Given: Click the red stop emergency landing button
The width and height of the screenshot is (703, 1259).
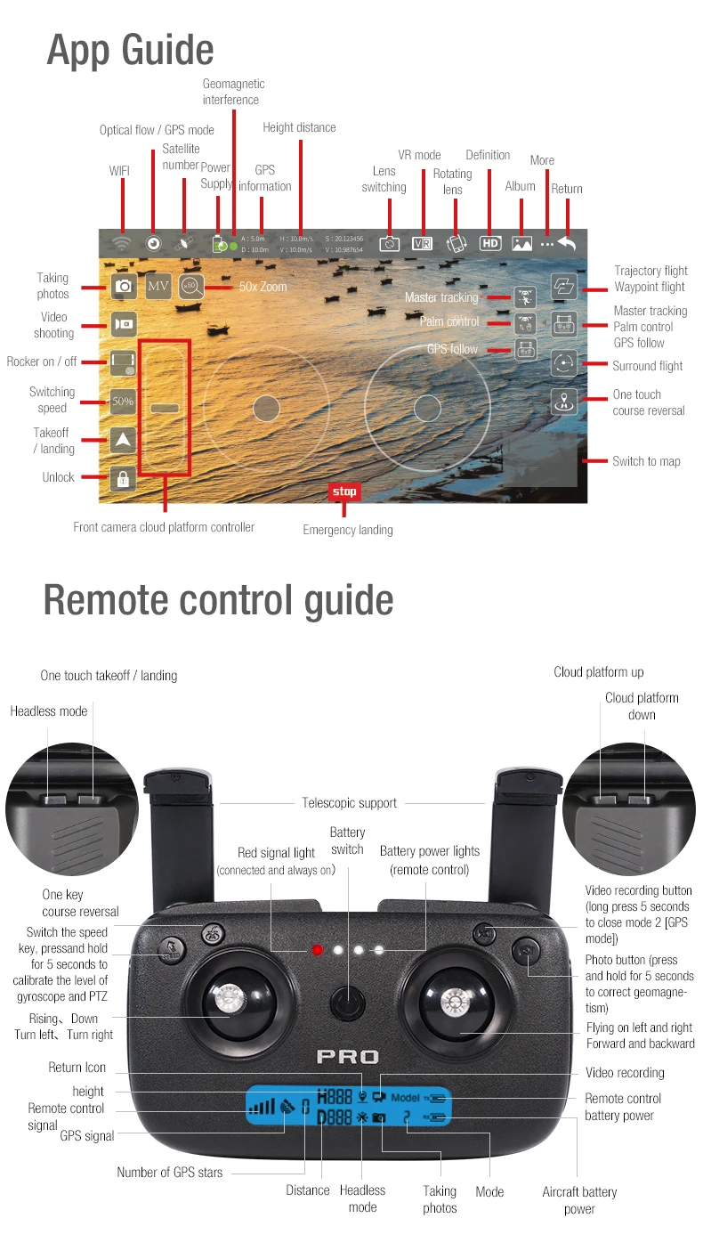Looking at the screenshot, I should pos(343,491).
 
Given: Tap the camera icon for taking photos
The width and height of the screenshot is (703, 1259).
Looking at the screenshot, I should pos(123,287).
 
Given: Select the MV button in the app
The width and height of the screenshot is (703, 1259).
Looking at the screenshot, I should pos(158,287).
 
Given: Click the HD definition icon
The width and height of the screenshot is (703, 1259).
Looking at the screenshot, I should pos(490,243).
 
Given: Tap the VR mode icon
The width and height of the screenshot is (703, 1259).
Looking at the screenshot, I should pos(422,243).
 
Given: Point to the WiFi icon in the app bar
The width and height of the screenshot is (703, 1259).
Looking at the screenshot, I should pos(122,243).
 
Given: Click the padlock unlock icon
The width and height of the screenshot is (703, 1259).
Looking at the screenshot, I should pos(123,479).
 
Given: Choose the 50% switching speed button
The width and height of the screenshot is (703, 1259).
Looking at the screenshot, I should pos(123,402).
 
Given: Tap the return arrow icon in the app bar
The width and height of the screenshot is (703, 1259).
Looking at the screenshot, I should pos(567,242).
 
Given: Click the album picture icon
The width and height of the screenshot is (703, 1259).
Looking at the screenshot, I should pos(521,243).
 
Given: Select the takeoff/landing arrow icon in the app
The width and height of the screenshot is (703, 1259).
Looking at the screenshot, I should pos(123,440).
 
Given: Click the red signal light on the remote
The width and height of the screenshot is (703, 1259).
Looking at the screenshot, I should pos(317,950).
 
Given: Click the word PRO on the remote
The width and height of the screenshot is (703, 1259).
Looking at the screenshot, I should pos(348,1058).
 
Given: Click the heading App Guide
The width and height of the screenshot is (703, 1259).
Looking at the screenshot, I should pos(130,50).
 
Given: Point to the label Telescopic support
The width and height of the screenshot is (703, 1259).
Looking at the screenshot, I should pos(349,803).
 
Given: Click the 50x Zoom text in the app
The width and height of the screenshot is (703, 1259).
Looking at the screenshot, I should pos(263,287).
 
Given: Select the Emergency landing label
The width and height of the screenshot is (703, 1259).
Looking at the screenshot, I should pos(347,530).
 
